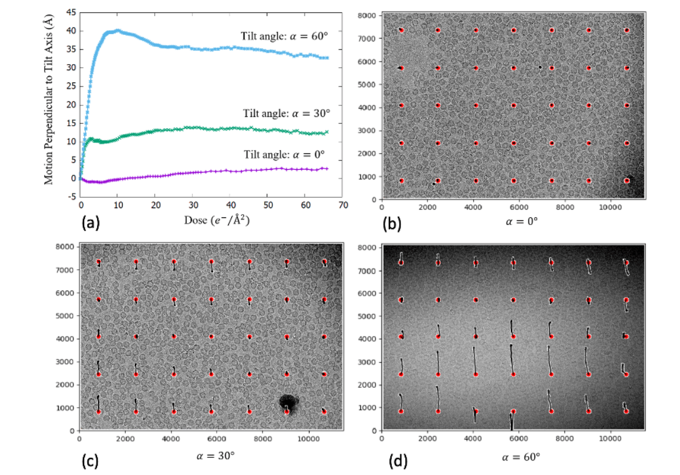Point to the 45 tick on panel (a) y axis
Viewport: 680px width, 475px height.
(71, 12)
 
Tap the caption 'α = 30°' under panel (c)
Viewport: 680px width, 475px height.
(211, 455)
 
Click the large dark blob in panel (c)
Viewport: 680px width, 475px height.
(288, 402)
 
